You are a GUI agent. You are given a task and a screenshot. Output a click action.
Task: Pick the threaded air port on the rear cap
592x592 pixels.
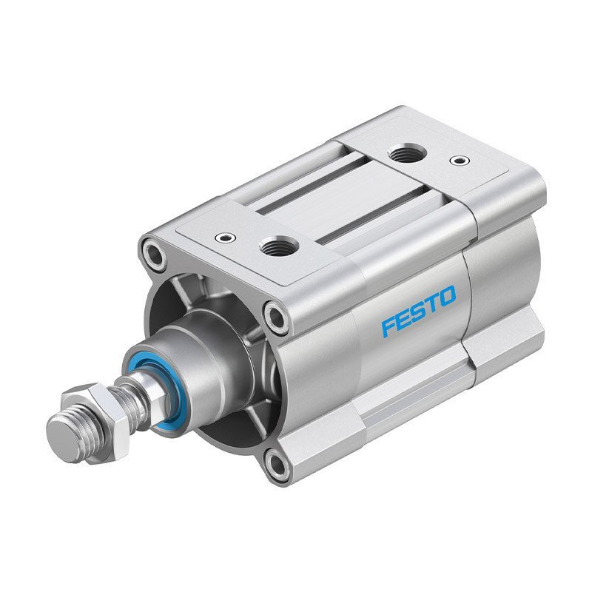click(405, 154)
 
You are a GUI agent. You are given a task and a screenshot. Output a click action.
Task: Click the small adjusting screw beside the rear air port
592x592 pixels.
click(462, 158)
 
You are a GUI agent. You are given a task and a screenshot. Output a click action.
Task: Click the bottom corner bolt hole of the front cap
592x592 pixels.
click(276, 464)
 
